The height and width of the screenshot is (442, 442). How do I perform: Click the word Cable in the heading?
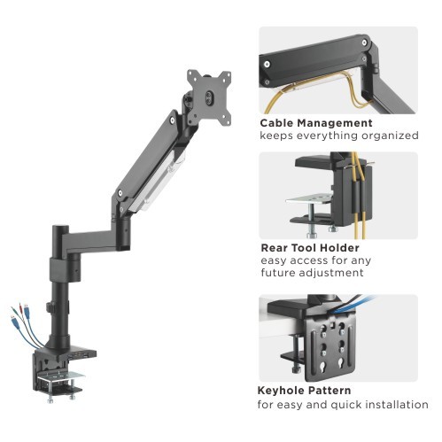click(276, 123)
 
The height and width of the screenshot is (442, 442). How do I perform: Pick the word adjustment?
click(331, 273)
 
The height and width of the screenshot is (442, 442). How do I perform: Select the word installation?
click(393, 404)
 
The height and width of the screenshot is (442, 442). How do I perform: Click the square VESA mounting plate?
click(209, 97)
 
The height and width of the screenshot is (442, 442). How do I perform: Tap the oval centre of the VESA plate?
click(209, 97)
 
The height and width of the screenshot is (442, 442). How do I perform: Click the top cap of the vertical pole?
click(60, 228)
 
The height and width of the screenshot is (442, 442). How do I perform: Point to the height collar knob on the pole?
click(49, 307)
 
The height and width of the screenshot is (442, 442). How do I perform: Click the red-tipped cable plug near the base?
click(19, 306)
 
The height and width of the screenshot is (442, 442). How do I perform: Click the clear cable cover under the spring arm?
click(158, 182)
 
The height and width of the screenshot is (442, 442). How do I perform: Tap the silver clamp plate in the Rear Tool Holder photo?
click(308, 198)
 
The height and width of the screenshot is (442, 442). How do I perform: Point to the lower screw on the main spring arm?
click(120, 193)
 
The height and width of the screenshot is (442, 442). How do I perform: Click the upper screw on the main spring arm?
click(172, 120)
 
